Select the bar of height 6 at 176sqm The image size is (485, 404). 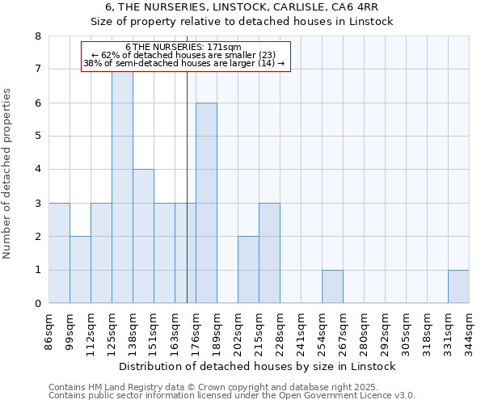click(x=206, y=203)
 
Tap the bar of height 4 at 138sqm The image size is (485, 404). click(x=143, y=236)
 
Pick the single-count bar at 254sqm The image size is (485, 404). click(x=332, y=287)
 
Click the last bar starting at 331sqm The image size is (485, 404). click(x=458, y=287)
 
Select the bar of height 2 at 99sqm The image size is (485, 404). click(x=80, y=270)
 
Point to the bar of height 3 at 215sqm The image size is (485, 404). click(x=269, y=253)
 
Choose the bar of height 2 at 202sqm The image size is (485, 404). click(x=248, y=270)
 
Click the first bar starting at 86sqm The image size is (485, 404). click(x=59, y=253)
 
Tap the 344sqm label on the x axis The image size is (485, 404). click(x=469, y=332)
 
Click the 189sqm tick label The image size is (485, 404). click(x=217, y=332)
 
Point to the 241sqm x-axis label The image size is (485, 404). click(x=301, y=332)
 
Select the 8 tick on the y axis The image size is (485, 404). click(x=37, y=36)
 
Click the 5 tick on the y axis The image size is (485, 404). click(x=37, y=137)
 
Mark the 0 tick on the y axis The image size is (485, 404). click(x=37, y=304)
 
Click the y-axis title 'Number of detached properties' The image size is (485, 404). click(x=8, y=175)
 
